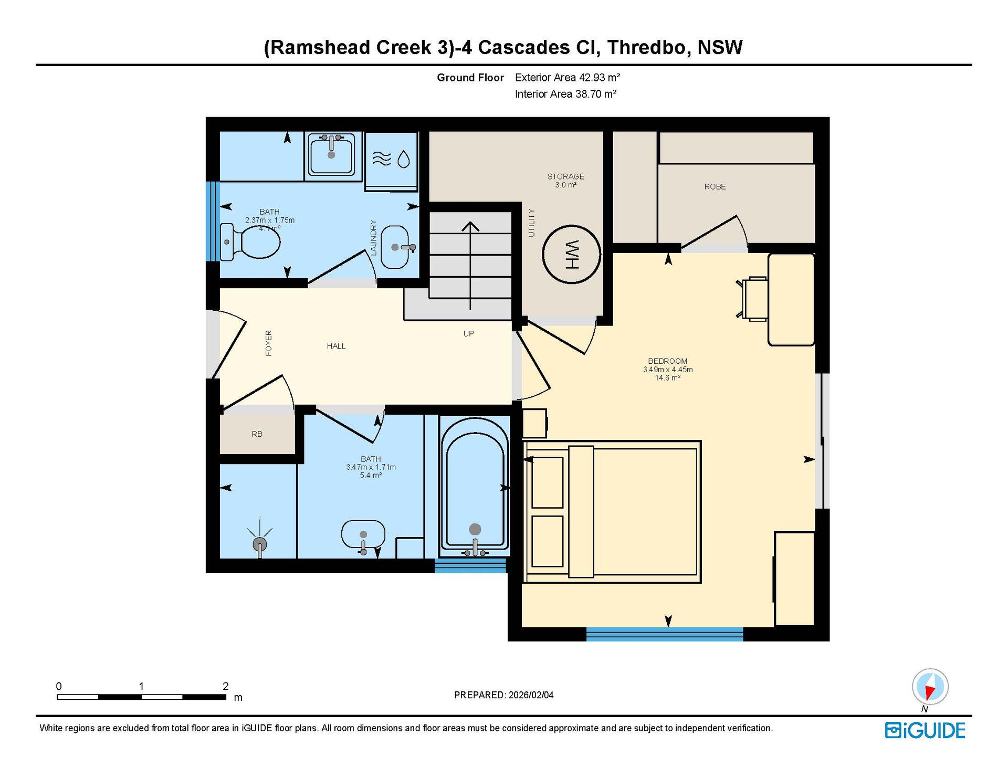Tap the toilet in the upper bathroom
pyautogui.click(x=250, y=242)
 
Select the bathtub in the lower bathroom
pyautogui.click(x=475, y=494)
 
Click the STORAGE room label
pyautogui.click(x=565, y=176)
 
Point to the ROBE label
pyautogui.click(x=715, y=186)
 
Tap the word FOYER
pyautogui.click(x=268, y=343)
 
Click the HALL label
pyautogui.click(x=336, y=346)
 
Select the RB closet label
pyautogui.click(x=257, y=434)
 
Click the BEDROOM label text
pyautogui.click(x=667, y=361)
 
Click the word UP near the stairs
pyautogui.click(x=468, y=333)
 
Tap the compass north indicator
pyautogui.click(x=930, y=687)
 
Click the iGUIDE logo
pyautogui.click(x=925, y=730)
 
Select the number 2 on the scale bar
pyautogui.click(x=225, y=686)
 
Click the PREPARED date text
pyautogui.click(x=503, y=695)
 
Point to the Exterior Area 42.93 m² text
pyautogui.click(x=568, y=78)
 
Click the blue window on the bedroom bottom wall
pyautogui.click(x=665, y=634)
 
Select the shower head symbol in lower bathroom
pyautogui.click(x=260, y=543)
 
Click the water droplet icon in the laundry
pyautogui.click(x=403, y=159)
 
